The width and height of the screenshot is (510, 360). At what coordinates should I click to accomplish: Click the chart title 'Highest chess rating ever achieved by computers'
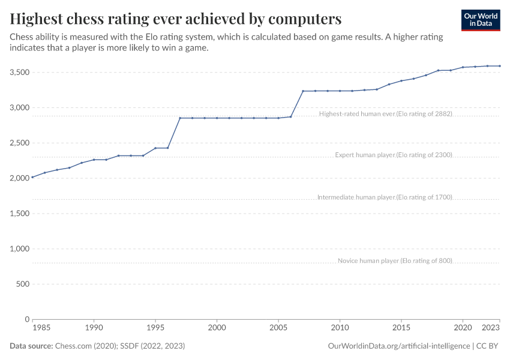[176, 19]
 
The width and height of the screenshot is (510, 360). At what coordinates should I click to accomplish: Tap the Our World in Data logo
[480, 20]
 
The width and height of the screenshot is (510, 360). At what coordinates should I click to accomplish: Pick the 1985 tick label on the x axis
[41, 328]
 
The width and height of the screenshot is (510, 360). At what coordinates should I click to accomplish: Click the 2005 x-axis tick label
[278, 328]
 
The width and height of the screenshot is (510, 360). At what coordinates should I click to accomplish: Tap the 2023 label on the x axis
[490, 328]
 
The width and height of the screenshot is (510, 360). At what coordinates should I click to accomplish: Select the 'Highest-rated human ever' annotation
[385, 113]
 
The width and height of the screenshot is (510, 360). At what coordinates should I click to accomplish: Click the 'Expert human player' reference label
[393, 155]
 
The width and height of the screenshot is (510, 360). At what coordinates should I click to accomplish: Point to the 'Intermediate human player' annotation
[384, 197]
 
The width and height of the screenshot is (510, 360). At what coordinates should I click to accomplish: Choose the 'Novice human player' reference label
[394, 260]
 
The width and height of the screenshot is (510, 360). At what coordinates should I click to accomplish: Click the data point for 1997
[180, 118]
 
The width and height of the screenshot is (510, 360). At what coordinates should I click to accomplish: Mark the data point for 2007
[303, 91]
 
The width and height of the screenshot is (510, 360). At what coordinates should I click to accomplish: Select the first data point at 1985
[32, 177]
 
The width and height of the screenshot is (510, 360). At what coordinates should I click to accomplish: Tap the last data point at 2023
[500, 66]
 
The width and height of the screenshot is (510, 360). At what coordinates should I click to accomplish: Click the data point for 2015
[401, 80]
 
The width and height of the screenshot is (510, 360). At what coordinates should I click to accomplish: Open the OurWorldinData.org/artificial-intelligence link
[399, 346]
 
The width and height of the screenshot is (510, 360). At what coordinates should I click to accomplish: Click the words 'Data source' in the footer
[31, 346]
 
